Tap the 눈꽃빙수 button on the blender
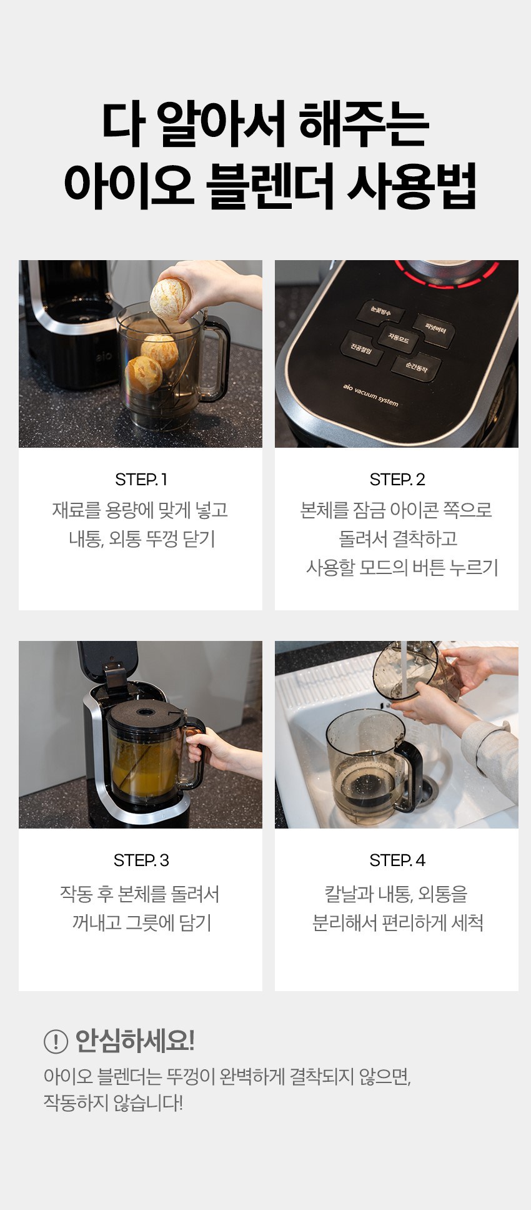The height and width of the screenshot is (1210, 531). [380, 311]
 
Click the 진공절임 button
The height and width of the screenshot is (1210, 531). [361, 348]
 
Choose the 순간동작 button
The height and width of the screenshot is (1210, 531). [416, 368]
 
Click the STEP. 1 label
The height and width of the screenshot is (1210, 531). [141, 480]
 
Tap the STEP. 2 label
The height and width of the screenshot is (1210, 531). [397, 480]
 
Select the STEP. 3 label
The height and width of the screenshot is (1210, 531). [141, 860]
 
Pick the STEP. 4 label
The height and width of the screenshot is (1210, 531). [397, 860]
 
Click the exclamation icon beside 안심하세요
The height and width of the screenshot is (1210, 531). [56, 1041]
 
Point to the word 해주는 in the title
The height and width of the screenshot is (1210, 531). [364, 123]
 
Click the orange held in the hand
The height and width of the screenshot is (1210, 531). [171, 299]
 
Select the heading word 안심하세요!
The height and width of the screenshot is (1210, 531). [135, 1041]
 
